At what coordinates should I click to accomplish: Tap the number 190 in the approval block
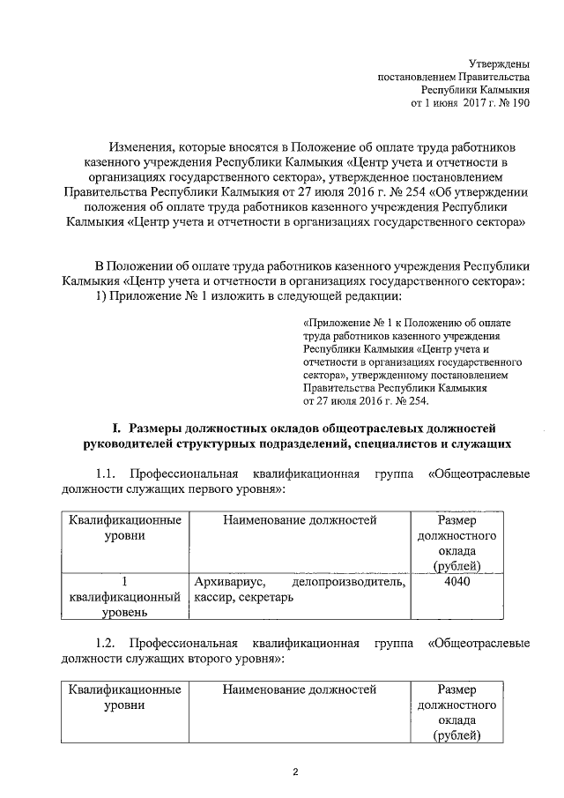tap(519, 104)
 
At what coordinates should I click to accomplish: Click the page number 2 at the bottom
tap(296, 773)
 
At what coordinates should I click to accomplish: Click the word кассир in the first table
tap(211, 598)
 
